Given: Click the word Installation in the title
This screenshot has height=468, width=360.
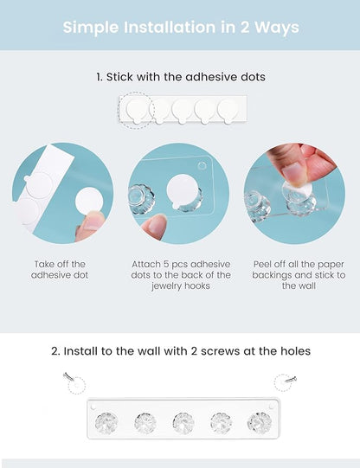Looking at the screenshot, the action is coord(170,27).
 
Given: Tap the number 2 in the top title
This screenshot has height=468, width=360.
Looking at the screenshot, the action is coord(245,28).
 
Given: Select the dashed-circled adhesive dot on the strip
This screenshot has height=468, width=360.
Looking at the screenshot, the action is coord(137,111).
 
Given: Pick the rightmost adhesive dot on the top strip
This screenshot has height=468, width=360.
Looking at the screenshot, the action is coord(228,111).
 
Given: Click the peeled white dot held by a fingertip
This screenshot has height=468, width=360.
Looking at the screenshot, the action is coord(88,201).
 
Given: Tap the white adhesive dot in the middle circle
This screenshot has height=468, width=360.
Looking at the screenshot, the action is coord(182,192).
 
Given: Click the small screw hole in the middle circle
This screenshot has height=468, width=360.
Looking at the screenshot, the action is coord(202,165).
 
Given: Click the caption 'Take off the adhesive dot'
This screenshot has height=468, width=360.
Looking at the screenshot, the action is coord(60,270).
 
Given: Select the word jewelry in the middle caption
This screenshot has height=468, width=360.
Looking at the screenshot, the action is coord(167,286).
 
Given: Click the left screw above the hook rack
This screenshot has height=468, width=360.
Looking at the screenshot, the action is coord(68,376).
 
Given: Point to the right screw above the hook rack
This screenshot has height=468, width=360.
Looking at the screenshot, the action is coord(291,380).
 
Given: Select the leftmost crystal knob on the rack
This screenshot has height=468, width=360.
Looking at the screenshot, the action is coord(106,423).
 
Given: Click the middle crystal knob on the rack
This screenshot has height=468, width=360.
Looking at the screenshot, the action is coord(183,423).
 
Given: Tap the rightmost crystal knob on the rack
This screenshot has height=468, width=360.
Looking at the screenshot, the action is coord(260,423).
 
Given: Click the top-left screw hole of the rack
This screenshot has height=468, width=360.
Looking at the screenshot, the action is coord(93,407).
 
